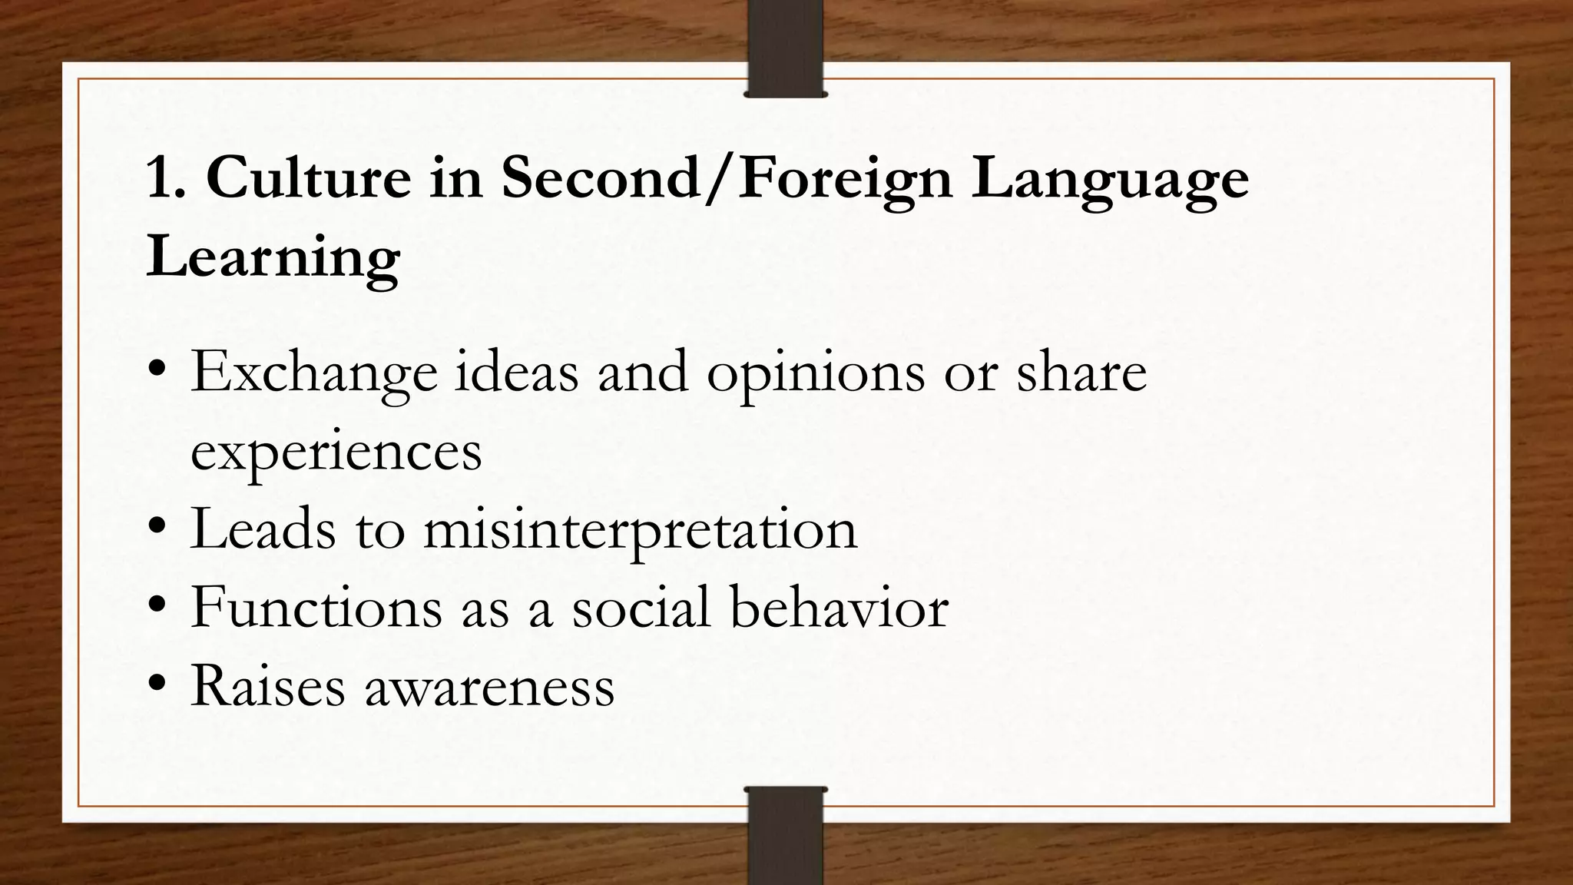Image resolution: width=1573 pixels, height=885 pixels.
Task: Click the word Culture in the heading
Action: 309,178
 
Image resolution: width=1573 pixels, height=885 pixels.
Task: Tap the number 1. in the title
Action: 166,178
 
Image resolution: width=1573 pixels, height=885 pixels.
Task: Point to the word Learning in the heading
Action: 273,258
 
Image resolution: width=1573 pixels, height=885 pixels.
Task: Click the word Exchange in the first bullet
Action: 313,373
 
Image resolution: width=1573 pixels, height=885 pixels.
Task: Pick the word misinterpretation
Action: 640,531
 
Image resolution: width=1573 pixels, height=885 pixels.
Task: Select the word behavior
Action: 839,608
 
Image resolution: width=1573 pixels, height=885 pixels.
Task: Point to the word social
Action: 641,608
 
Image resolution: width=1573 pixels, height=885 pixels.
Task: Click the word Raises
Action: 268,685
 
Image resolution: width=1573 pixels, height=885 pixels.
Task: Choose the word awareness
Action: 490,687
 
